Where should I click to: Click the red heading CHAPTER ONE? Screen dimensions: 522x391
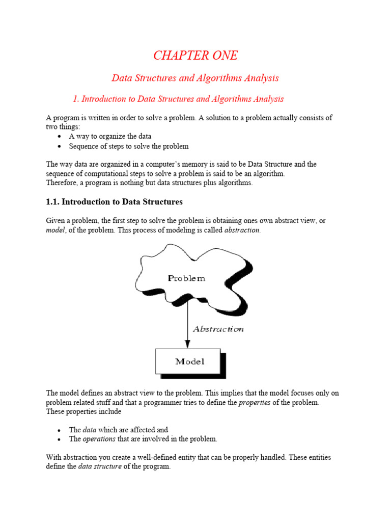pos(195,56)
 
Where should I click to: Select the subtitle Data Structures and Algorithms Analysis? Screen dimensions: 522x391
pos(195,78)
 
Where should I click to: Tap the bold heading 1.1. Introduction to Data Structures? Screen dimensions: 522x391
pos(114,202)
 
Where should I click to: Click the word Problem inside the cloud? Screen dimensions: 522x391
pos(186,278)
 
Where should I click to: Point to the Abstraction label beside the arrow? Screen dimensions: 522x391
pos(218,329)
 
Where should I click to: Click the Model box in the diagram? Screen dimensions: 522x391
pos(189,361)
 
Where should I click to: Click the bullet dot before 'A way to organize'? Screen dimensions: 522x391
pos(60,137)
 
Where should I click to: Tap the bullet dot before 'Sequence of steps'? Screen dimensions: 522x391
pos(60,147)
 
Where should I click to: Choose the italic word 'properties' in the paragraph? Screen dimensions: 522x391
pos(254,402)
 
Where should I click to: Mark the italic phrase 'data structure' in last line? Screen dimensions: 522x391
pos(100,466)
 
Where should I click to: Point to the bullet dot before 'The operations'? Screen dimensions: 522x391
pos(60,439)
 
